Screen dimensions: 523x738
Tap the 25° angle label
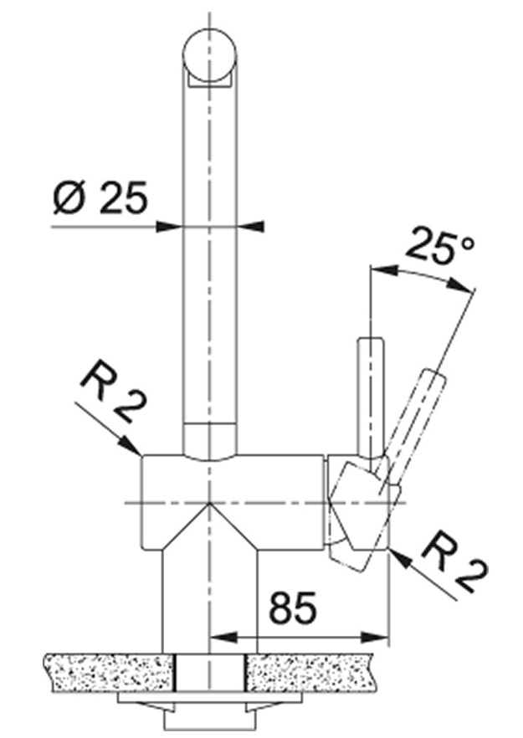coord(439,246)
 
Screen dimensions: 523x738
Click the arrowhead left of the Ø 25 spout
coord(169,228)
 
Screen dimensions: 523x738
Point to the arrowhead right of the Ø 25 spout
coord(249,227)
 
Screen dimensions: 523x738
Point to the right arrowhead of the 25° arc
coord(460,284)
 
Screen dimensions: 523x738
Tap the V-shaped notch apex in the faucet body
coord(208,504)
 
